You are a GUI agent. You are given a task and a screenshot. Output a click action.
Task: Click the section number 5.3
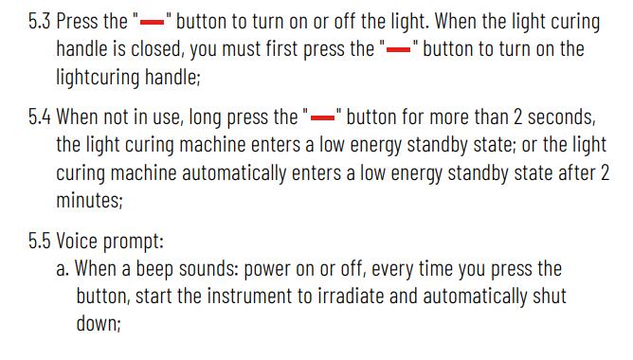click(39, 22)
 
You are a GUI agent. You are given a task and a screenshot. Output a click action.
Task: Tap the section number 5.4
click(39, 117)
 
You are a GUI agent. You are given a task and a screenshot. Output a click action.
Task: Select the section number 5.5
click(39, 241)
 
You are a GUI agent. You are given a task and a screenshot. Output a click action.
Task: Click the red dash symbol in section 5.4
click(322, 117)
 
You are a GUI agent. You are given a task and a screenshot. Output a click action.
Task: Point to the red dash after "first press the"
click(398, 49)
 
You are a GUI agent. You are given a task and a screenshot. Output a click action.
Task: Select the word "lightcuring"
click(98, 77)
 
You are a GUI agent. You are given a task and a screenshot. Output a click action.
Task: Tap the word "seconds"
click(561, 117)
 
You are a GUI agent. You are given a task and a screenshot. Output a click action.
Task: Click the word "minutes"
click(89, 200)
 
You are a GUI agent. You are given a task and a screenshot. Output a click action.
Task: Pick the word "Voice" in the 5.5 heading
click(77, 241)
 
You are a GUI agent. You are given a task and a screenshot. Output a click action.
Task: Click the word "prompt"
click(134, 242)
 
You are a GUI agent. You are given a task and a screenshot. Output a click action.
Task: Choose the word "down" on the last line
click(99, 324)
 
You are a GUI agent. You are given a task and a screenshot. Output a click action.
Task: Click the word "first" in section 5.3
click(281, 49)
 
